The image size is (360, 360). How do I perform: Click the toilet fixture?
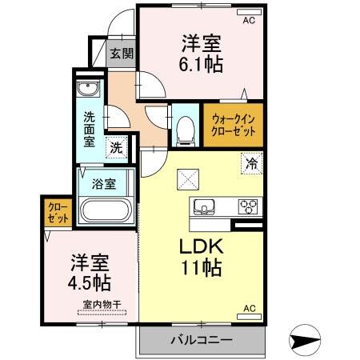point(186,129)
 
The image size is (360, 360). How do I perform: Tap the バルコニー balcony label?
point(200,341)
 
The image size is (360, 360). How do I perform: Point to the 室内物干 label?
point(99,304)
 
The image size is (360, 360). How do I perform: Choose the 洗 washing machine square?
point(117,148)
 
